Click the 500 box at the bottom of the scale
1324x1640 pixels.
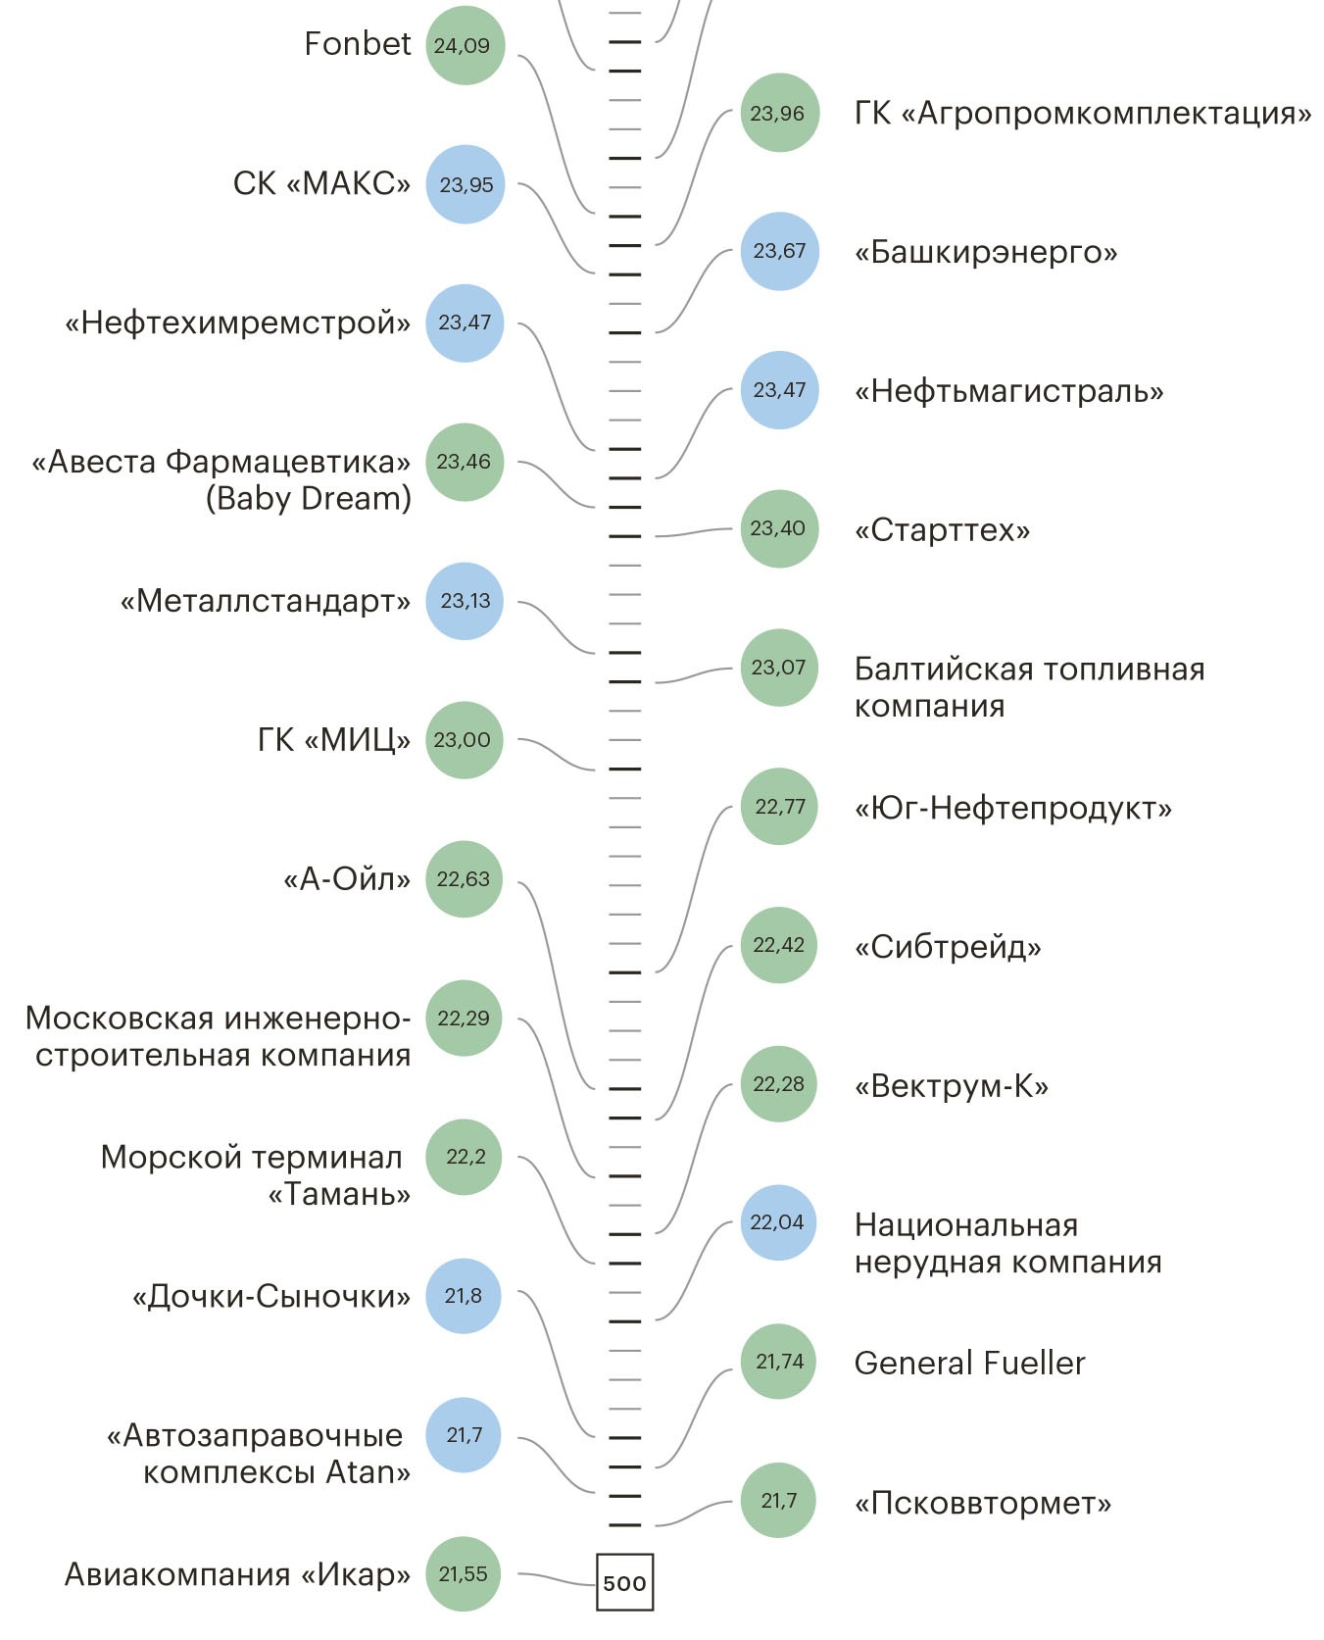click(x=624, y=1581)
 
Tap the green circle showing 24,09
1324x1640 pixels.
click(x=465, y=45)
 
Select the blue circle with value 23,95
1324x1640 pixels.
click(x=465, y=184)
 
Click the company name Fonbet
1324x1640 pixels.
click(x=357, y=44)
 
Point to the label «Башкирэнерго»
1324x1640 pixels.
click(x=985, y=252)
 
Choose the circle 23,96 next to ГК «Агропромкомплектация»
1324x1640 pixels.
click(x=779, y=113)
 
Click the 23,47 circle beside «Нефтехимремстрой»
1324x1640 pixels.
click(x=465, y=323)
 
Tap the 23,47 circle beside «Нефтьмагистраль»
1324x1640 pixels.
click(x=779, y=390)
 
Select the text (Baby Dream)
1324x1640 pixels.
click(x=308, y=498)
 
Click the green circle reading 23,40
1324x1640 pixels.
click(x=779, y=528)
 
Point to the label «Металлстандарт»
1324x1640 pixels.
click(x=265, y=601)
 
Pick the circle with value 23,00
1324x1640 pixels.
click(x=464, y=740)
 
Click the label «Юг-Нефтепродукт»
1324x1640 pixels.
click(x=1012, y=808)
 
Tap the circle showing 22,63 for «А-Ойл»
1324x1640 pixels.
click(x=464, y=879)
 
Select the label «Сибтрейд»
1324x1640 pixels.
click(x=948, y=947)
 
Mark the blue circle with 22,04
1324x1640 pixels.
click(x=778, y=1222)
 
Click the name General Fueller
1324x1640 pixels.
click(x=969, y=1363)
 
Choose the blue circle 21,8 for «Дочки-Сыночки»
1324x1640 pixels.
click(x=464, y=1296)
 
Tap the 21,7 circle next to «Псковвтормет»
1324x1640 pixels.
click(x=778, y=1500)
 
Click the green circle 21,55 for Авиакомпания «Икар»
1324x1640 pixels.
click(x=464, y=1574)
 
